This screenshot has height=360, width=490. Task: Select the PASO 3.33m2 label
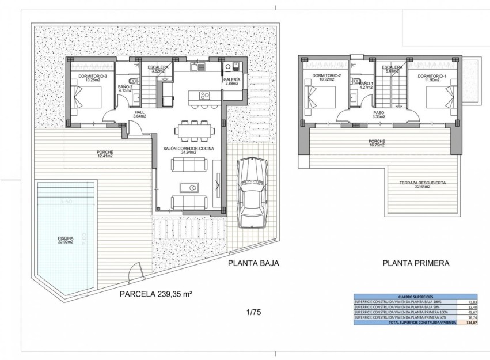point(378,114)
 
